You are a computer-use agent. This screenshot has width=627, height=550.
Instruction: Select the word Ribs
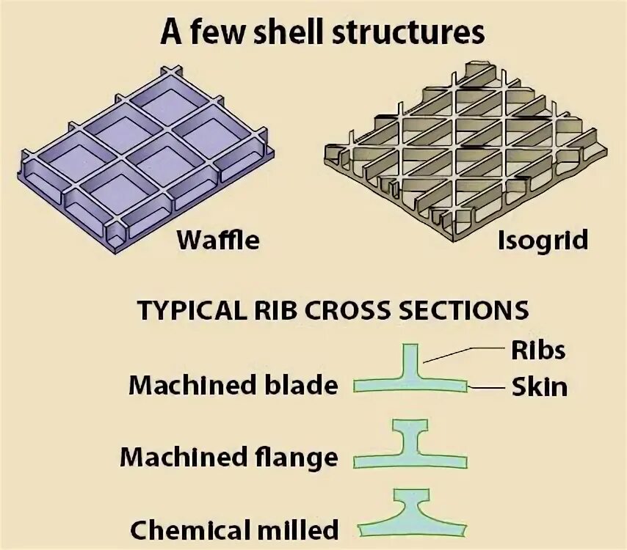(x=538, y=350)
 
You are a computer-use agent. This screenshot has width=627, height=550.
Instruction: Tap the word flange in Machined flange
(x=295, y=458)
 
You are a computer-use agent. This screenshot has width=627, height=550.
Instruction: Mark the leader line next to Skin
(x=487, y=387)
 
